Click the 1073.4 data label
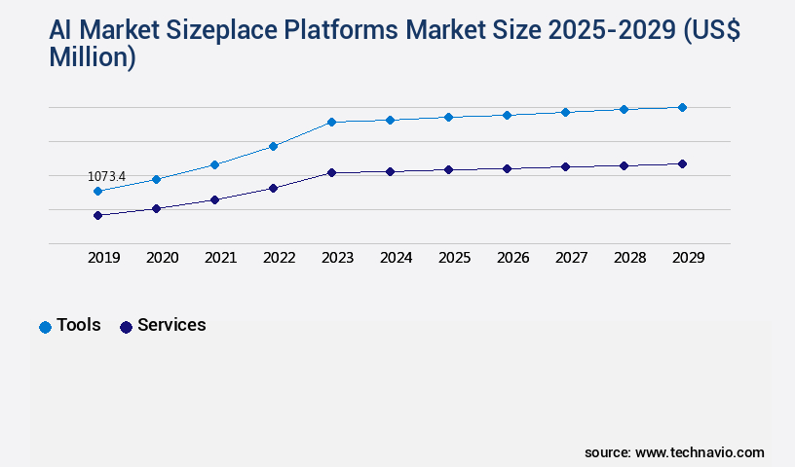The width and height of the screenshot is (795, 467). click(106, 176)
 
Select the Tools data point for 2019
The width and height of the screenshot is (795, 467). click(97, 192)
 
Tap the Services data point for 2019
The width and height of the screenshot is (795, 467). click(97, 215)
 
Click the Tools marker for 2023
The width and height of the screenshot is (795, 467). click(331, 122)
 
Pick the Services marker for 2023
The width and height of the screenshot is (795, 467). click(331, 172)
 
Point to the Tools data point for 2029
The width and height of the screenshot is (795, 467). click(682, 107)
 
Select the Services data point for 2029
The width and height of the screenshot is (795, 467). click(682, 163)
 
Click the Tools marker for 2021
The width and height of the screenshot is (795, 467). click(214, 164)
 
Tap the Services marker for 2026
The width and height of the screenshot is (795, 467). click(507, 168)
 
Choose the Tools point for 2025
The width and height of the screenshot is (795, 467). click(448, 117)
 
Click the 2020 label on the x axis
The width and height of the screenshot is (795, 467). click(162, 258)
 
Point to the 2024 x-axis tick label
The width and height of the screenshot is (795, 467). click(396, 258)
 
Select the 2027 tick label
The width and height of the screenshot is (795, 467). click(571, 258)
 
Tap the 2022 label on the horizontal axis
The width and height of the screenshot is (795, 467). click(279, 258)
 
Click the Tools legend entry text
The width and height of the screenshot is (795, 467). click(79, 325)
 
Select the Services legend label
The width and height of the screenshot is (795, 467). click(171, 325)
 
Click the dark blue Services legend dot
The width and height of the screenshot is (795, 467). click(126, 327)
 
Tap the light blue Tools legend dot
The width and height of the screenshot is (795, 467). click(45, 327)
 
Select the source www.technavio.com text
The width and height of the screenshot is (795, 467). click(674, 452)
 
